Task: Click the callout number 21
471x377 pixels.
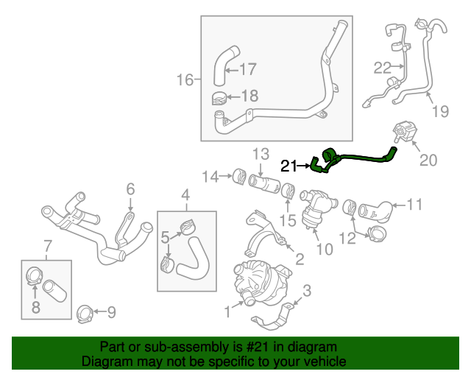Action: pos(288,166)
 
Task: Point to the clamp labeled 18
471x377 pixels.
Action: pos(218,96)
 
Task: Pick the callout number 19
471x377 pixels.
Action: pos(440,112)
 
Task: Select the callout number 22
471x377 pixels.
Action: pos(382,68)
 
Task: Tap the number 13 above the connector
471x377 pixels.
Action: pos(261,154)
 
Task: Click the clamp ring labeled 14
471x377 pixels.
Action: pos(238,177)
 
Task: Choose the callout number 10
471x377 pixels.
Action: pos(325,250)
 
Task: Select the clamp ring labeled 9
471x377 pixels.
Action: pos(85,314)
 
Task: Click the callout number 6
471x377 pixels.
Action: pos(130,189)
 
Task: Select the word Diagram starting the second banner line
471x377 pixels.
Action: pos(105,362)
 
